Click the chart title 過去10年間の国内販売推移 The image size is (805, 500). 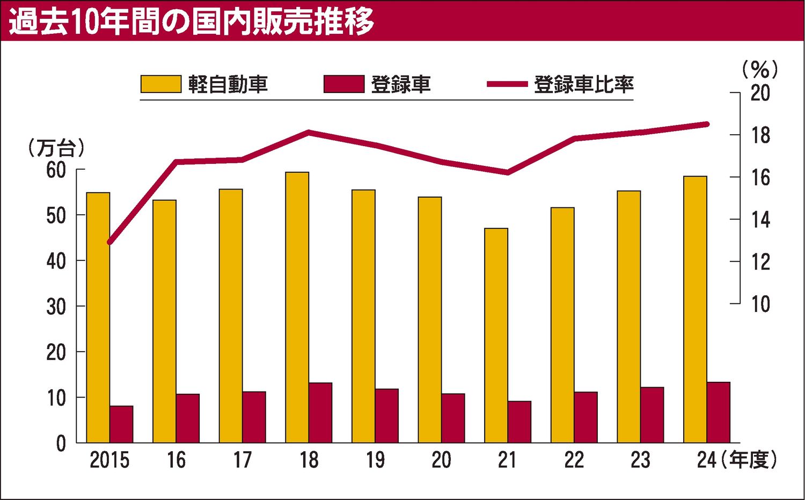pos(192,22)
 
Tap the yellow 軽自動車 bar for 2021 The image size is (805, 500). pos(496,335)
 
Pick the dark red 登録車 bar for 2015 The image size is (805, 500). pos(121,424)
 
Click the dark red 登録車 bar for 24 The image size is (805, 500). pos(718,412)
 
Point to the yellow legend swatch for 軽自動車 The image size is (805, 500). pos(161,84)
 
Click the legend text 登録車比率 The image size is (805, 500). pos(583,84)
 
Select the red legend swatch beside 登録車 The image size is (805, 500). pos(344,84)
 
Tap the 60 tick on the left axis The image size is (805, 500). pos(56,170)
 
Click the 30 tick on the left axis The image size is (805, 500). pos(56,307)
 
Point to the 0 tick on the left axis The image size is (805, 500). pos(61,444)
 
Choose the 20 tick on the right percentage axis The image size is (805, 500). pos(760,93)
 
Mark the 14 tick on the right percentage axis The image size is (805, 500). pos(760,220)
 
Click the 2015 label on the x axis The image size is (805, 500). pos(109,460)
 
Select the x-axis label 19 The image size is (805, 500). pos(375,460)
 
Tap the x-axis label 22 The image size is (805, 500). pos(574,460)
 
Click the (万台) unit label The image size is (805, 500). pos(56,148)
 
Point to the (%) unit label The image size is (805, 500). pos(760,69)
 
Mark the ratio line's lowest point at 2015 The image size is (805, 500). pos(109,242)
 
